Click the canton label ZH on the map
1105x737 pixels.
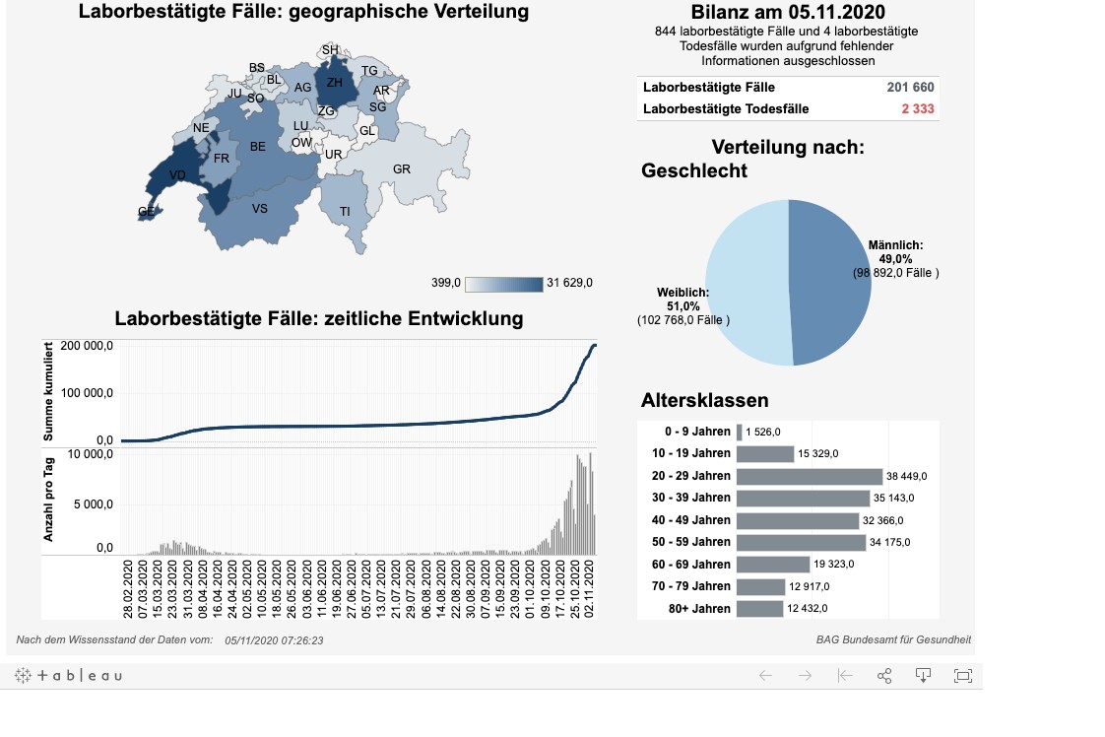point(335,83)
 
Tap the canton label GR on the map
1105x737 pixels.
point(401,169)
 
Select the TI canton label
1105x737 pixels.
point(345,212)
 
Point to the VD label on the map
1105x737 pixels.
point(177,175)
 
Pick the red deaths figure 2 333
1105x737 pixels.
point(916,108)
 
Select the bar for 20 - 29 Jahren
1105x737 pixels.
point(809,476)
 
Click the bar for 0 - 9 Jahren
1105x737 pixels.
point(739,432)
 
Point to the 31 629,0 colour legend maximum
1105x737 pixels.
point(570,284)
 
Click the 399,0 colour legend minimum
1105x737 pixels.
point(446,284)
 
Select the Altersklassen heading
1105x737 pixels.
point(704,400)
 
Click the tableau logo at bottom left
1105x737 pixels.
point(69,676)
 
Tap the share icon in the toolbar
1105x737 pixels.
point(883,676)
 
